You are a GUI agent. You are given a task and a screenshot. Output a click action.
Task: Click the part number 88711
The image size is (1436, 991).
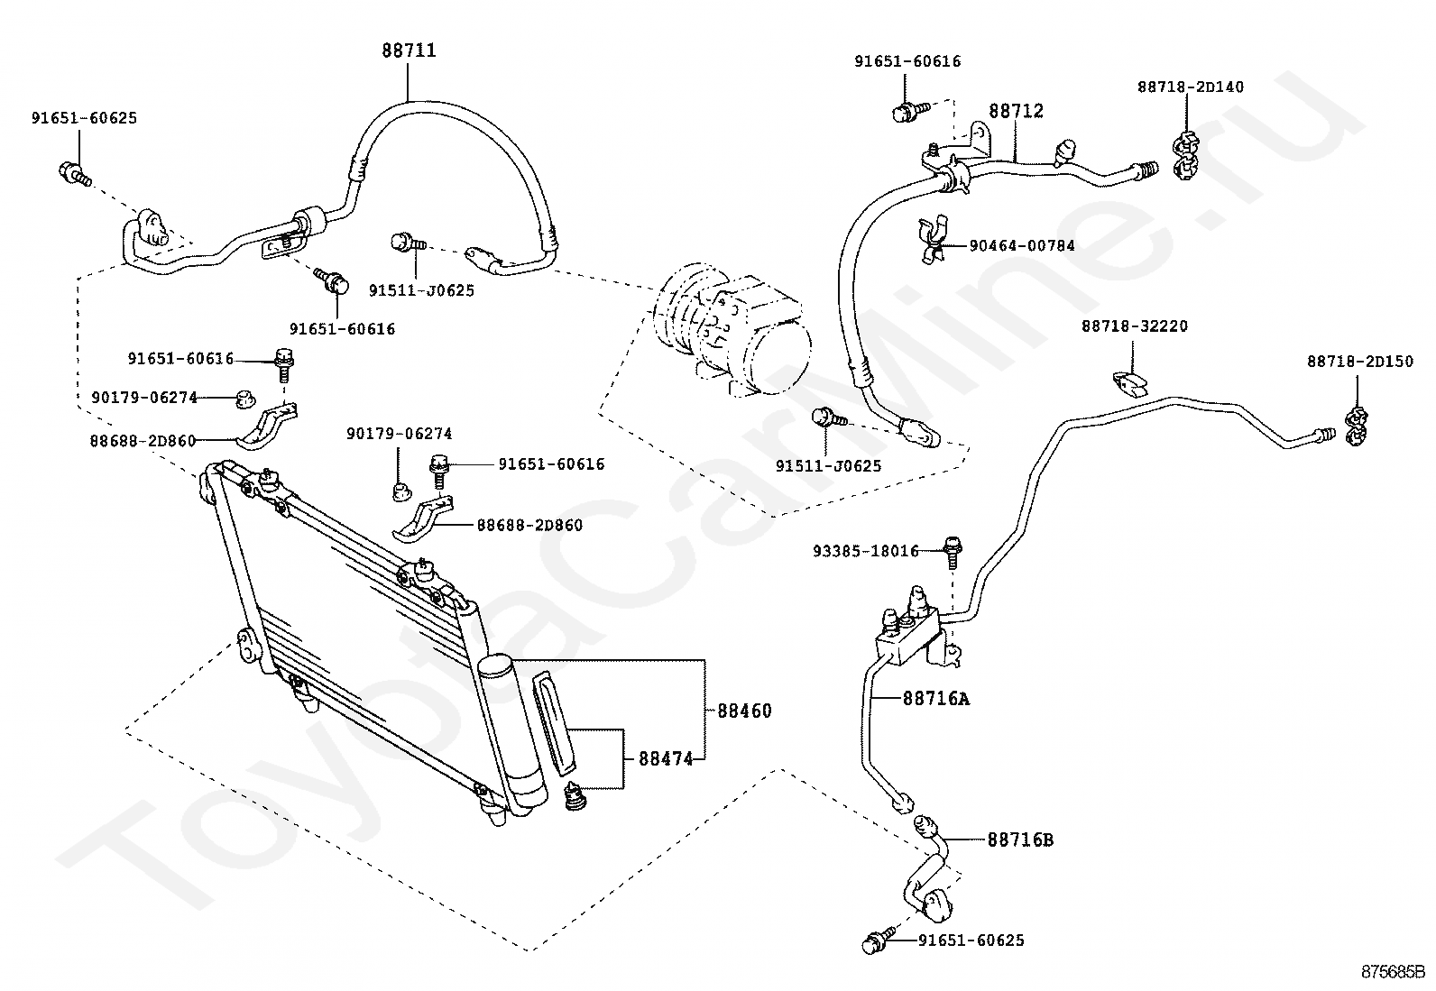click(x=409, y=50)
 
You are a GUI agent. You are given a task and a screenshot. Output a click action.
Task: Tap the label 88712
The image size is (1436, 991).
click(x=1016, y=111)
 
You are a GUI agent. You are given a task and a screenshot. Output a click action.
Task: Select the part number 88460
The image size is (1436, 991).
click(x=744, y=711)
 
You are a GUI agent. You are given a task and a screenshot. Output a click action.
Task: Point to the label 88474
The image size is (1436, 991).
click(x=666, y=759)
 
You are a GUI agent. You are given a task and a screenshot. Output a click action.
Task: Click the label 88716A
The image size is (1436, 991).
click(x=936, y=699)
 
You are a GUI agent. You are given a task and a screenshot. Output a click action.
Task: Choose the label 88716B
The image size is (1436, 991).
click(x=1020, y=840)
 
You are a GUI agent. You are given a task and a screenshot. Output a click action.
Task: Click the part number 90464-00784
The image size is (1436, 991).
click(x=1022, y=245)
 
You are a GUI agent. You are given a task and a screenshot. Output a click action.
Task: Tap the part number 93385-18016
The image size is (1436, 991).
click(x=866, y=551)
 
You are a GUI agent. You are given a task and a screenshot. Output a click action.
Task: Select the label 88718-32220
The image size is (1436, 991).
click(x=1135, y=326)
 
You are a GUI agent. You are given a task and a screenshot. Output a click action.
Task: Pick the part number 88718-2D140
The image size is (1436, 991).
click(x=1191, y=87)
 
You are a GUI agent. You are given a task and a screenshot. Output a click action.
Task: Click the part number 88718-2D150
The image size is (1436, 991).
click(x=1360, y=362)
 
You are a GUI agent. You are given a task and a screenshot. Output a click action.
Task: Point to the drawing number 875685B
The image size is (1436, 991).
click(x=1394, y=972)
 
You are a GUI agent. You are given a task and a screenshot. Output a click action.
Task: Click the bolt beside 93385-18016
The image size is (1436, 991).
click(x=953, y=553)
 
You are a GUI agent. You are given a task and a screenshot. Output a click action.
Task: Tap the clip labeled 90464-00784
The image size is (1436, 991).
click(x=934, y=240)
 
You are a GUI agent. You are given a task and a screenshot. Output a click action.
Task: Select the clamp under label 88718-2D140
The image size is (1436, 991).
click(x=1187, y=155)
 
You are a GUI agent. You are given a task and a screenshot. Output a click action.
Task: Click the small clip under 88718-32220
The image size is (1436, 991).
click(x=1130, y=384)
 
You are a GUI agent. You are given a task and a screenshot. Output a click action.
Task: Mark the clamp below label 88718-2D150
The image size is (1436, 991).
click(x=1357, y=427)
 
